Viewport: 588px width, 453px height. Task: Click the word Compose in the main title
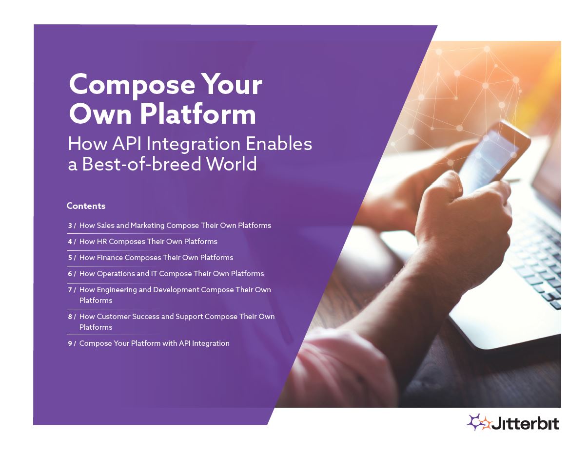pos(132,85)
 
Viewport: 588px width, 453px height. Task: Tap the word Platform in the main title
pos(198,114)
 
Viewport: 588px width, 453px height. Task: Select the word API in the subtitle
pos(127,144)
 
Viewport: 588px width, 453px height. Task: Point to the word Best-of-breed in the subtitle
pos(141,164)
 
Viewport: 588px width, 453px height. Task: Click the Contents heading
pos(86,206)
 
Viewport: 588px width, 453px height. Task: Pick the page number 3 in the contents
pos(70,226)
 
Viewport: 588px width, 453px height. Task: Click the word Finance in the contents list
pos(110,257)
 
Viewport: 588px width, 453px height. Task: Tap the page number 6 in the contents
pos(70,274)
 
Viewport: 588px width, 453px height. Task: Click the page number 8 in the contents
pos(70,317)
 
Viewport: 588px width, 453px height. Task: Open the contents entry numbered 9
pos(149,343)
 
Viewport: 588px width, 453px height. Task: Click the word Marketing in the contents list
pos(147,226)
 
